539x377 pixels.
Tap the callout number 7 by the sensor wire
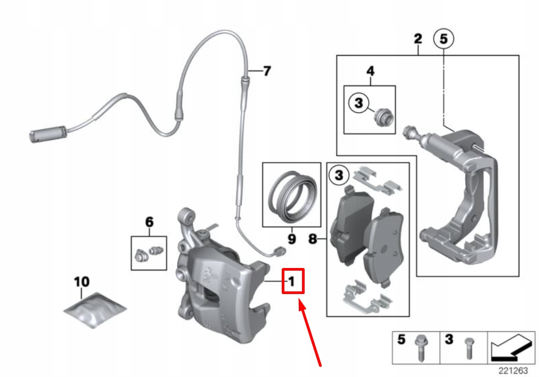click(267, 71)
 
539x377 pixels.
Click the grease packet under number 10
click(95, 311)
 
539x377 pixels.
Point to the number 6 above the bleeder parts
click(149, 222)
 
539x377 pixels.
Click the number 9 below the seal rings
click(291, 239)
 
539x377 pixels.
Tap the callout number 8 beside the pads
click(313, 240)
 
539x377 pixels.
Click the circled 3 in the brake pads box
click(339, 174)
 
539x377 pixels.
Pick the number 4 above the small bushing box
click(370, 71)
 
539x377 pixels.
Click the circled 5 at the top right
click(444, 39)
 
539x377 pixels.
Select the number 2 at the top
click(418, 39)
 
